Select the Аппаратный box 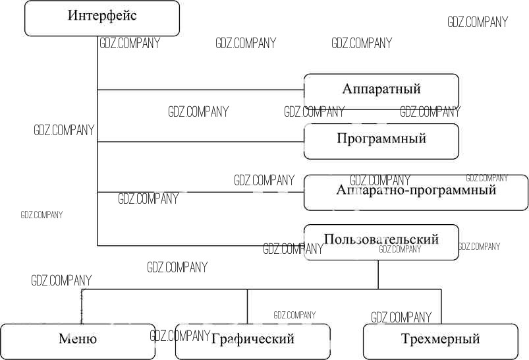(x=381, y=91)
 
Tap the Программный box (x=381, y=141)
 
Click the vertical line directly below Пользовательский (x=378, y=274)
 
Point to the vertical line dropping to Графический (x=248, y=306)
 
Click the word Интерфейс (x=102, y=15)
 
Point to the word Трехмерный (x=440, y=340)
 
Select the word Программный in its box (x=381, y=139)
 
